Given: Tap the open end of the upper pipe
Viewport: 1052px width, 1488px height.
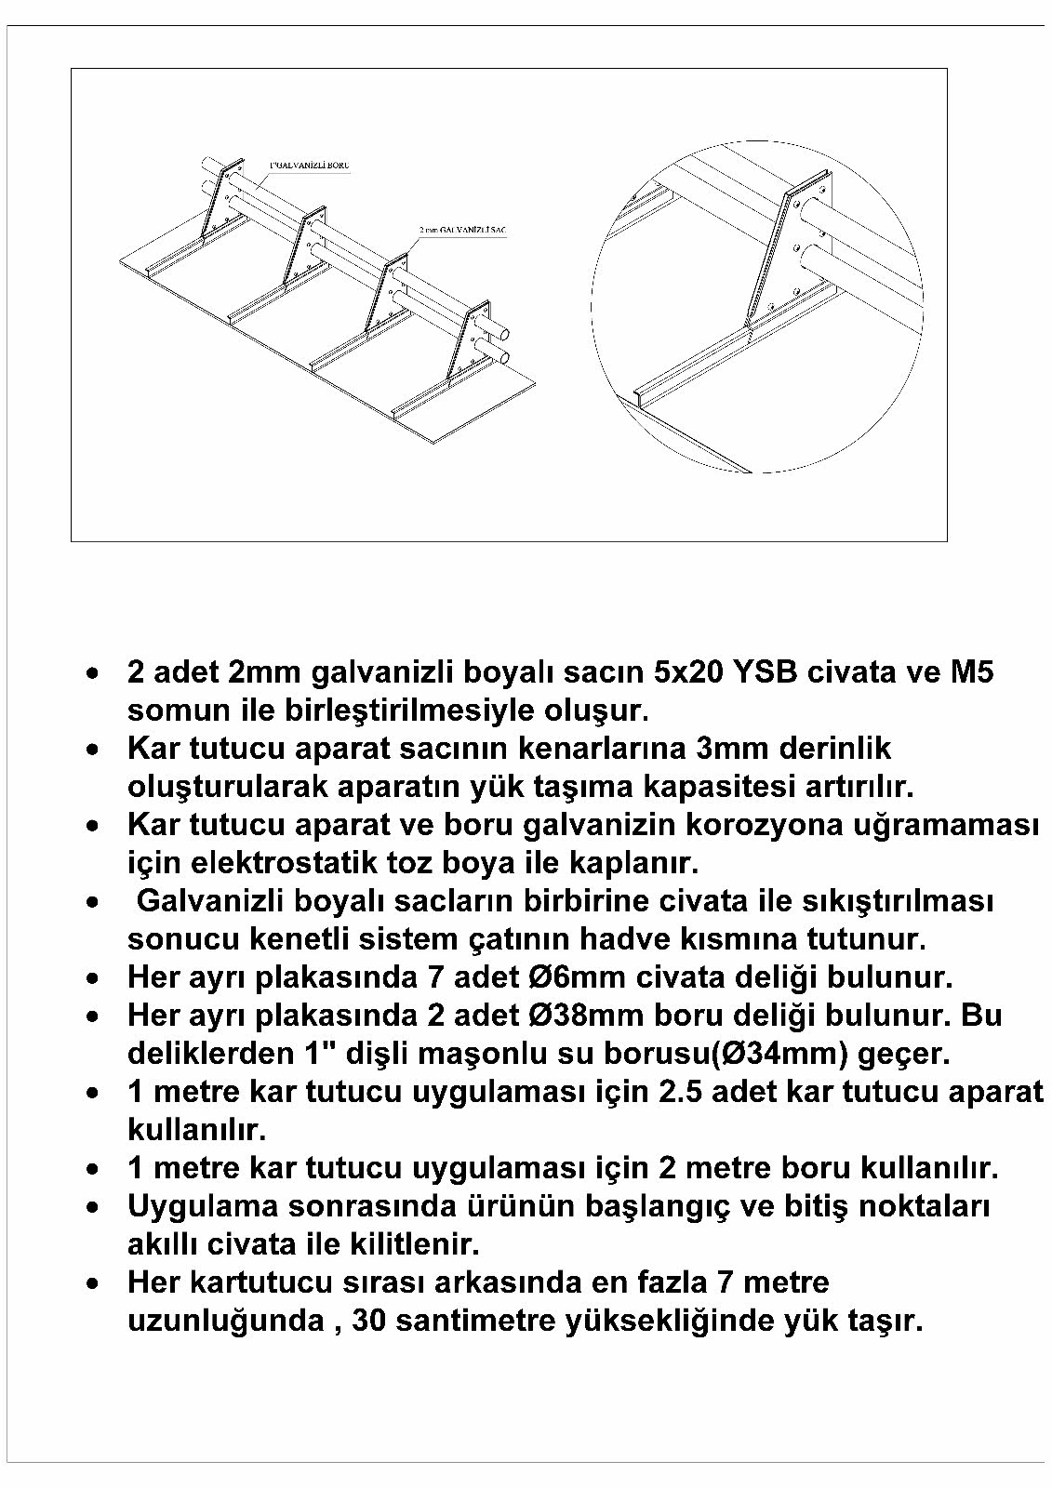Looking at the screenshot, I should coord(502,332).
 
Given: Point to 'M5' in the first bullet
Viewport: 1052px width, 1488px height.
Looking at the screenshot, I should coord(971,671).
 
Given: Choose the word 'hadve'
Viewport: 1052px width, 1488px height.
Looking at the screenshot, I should coord(680,939).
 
